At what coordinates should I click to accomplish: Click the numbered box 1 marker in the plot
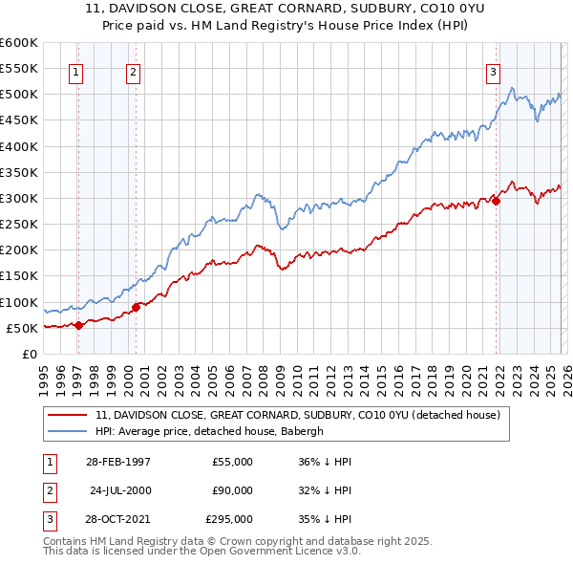click(x=75, y=71)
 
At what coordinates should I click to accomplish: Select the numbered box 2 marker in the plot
click(x=134, y=71)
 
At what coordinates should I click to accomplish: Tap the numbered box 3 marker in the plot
click(x=494, y=71)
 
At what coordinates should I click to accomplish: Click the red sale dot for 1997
click(x=78, y=325)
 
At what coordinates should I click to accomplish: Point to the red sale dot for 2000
click(x=136, y=307)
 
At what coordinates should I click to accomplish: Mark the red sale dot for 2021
click(x=497, y=201)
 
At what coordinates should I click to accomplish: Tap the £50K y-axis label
click(x=22, y=328)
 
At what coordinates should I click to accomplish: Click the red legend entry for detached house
click(x=304, y=416)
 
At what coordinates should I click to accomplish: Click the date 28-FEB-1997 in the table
click(x=117, y=462)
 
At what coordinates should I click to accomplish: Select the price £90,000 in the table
click(x=232, y=490)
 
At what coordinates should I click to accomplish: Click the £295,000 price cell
click(x=229, y=519)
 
